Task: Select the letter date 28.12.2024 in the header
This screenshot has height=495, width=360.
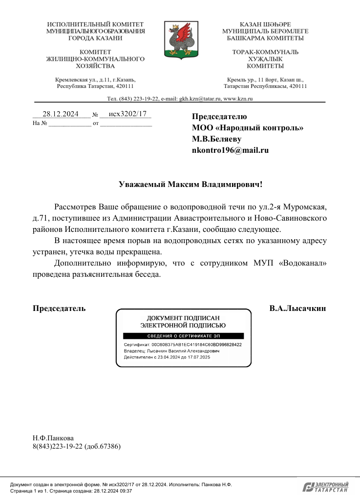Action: click(61, 114)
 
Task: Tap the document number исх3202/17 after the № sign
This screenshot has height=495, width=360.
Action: click(125, 114)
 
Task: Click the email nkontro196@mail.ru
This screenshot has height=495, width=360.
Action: click(231, 150)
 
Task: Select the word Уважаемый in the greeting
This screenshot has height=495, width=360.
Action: click(143, 185)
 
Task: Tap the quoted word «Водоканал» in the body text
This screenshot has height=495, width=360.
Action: click(303, 263)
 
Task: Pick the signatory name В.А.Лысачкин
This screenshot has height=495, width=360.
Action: click(297, 309)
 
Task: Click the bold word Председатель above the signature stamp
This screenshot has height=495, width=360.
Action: click(59, 309)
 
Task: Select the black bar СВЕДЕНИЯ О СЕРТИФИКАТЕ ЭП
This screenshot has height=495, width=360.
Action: click(183, 336)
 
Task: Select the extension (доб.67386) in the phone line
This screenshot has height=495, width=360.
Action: click(103, 446)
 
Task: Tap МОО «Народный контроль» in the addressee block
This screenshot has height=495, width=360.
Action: click(248, 128)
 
